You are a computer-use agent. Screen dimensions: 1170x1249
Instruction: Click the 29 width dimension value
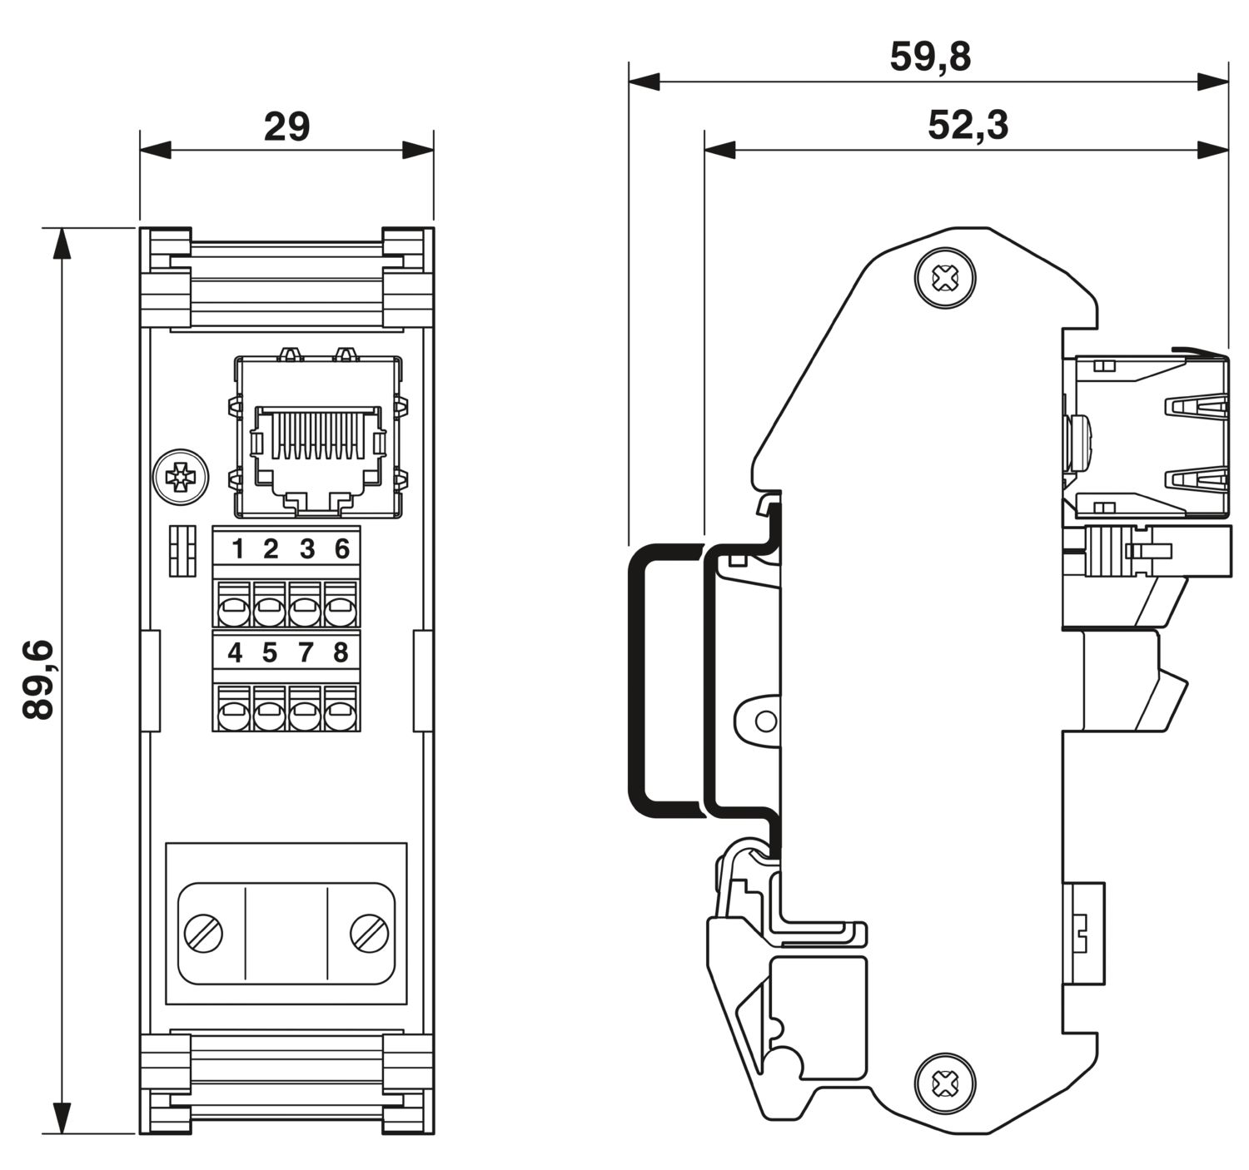[x=286, y=127]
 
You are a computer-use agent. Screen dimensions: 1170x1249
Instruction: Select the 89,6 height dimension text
[x=39, y=680]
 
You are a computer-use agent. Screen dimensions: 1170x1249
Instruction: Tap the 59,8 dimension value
[x=930, y=57]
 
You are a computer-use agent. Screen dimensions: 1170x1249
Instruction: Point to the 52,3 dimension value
[x=968, y=126]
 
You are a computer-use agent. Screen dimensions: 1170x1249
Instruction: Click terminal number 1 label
[x=237, y=549]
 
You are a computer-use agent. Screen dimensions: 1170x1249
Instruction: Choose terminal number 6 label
[x=341, y=549]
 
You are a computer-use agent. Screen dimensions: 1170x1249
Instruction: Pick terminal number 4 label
[x=235, y=653]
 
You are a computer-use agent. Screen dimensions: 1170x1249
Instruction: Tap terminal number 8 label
[x=340, y=653]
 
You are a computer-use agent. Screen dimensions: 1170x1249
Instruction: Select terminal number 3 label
[x=306, y=549]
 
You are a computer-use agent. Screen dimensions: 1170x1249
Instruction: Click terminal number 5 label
[x=269, y=653]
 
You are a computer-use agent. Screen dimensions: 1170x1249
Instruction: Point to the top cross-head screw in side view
[x=945, y=277]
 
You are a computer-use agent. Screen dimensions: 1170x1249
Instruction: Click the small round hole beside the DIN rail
[x=765, y=721]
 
